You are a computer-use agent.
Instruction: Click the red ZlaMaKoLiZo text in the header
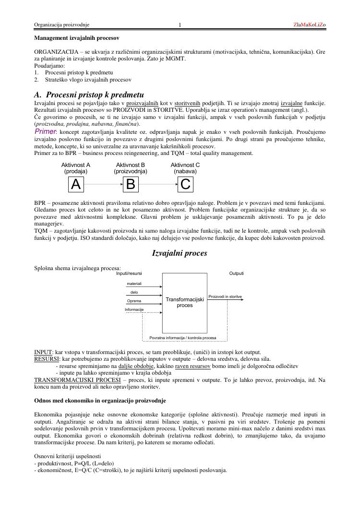pyautogui.click(x=309, y=24)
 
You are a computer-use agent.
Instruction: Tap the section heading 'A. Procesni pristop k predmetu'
pyautogui.click(x=89, y=95)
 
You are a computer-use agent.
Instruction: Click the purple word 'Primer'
pyautogui.click(x=46, y=131)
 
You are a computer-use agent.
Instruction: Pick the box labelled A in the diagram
pyautogui.click(x=76, y=184)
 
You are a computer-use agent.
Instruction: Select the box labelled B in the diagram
pyautogui.click(x=131, y=184)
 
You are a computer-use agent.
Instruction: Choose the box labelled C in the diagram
pyautogui.click(x=185, y=184)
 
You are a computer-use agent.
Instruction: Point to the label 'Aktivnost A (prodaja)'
pyautogui.click(x=76, y=168)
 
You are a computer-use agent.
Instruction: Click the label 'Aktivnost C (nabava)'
pyautogui.click(x=185, y=168)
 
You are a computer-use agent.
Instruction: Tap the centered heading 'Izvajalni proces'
pyautogui.click(x=180, y=253)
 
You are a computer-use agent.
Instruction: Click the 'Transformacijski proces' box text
pyautogui.click(x=185, y=302)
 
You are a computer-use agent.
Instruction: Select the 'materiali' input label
pyautogui.click(x=134, y=284)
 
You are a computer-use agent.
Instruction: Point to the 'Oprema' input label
pyautogui.click(x=134, y=301)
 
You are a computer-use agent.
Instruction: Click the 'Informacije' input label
pyautogui.click(x=134, y=309)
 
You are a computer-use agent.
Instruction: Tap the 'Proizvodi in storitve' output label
pyautogui.click(x=225, y=296)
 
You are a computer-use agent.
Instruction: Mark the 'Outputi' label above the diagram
pyautogui.click(x=236, y=273)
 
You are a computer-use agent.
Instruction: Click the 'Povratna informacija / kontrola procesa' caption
pyautogui.click(x=182, y=338)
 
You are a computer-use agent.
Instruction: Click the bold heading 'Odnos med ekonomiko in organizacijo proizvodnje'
pyautogui.click(x=100, y=400)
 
